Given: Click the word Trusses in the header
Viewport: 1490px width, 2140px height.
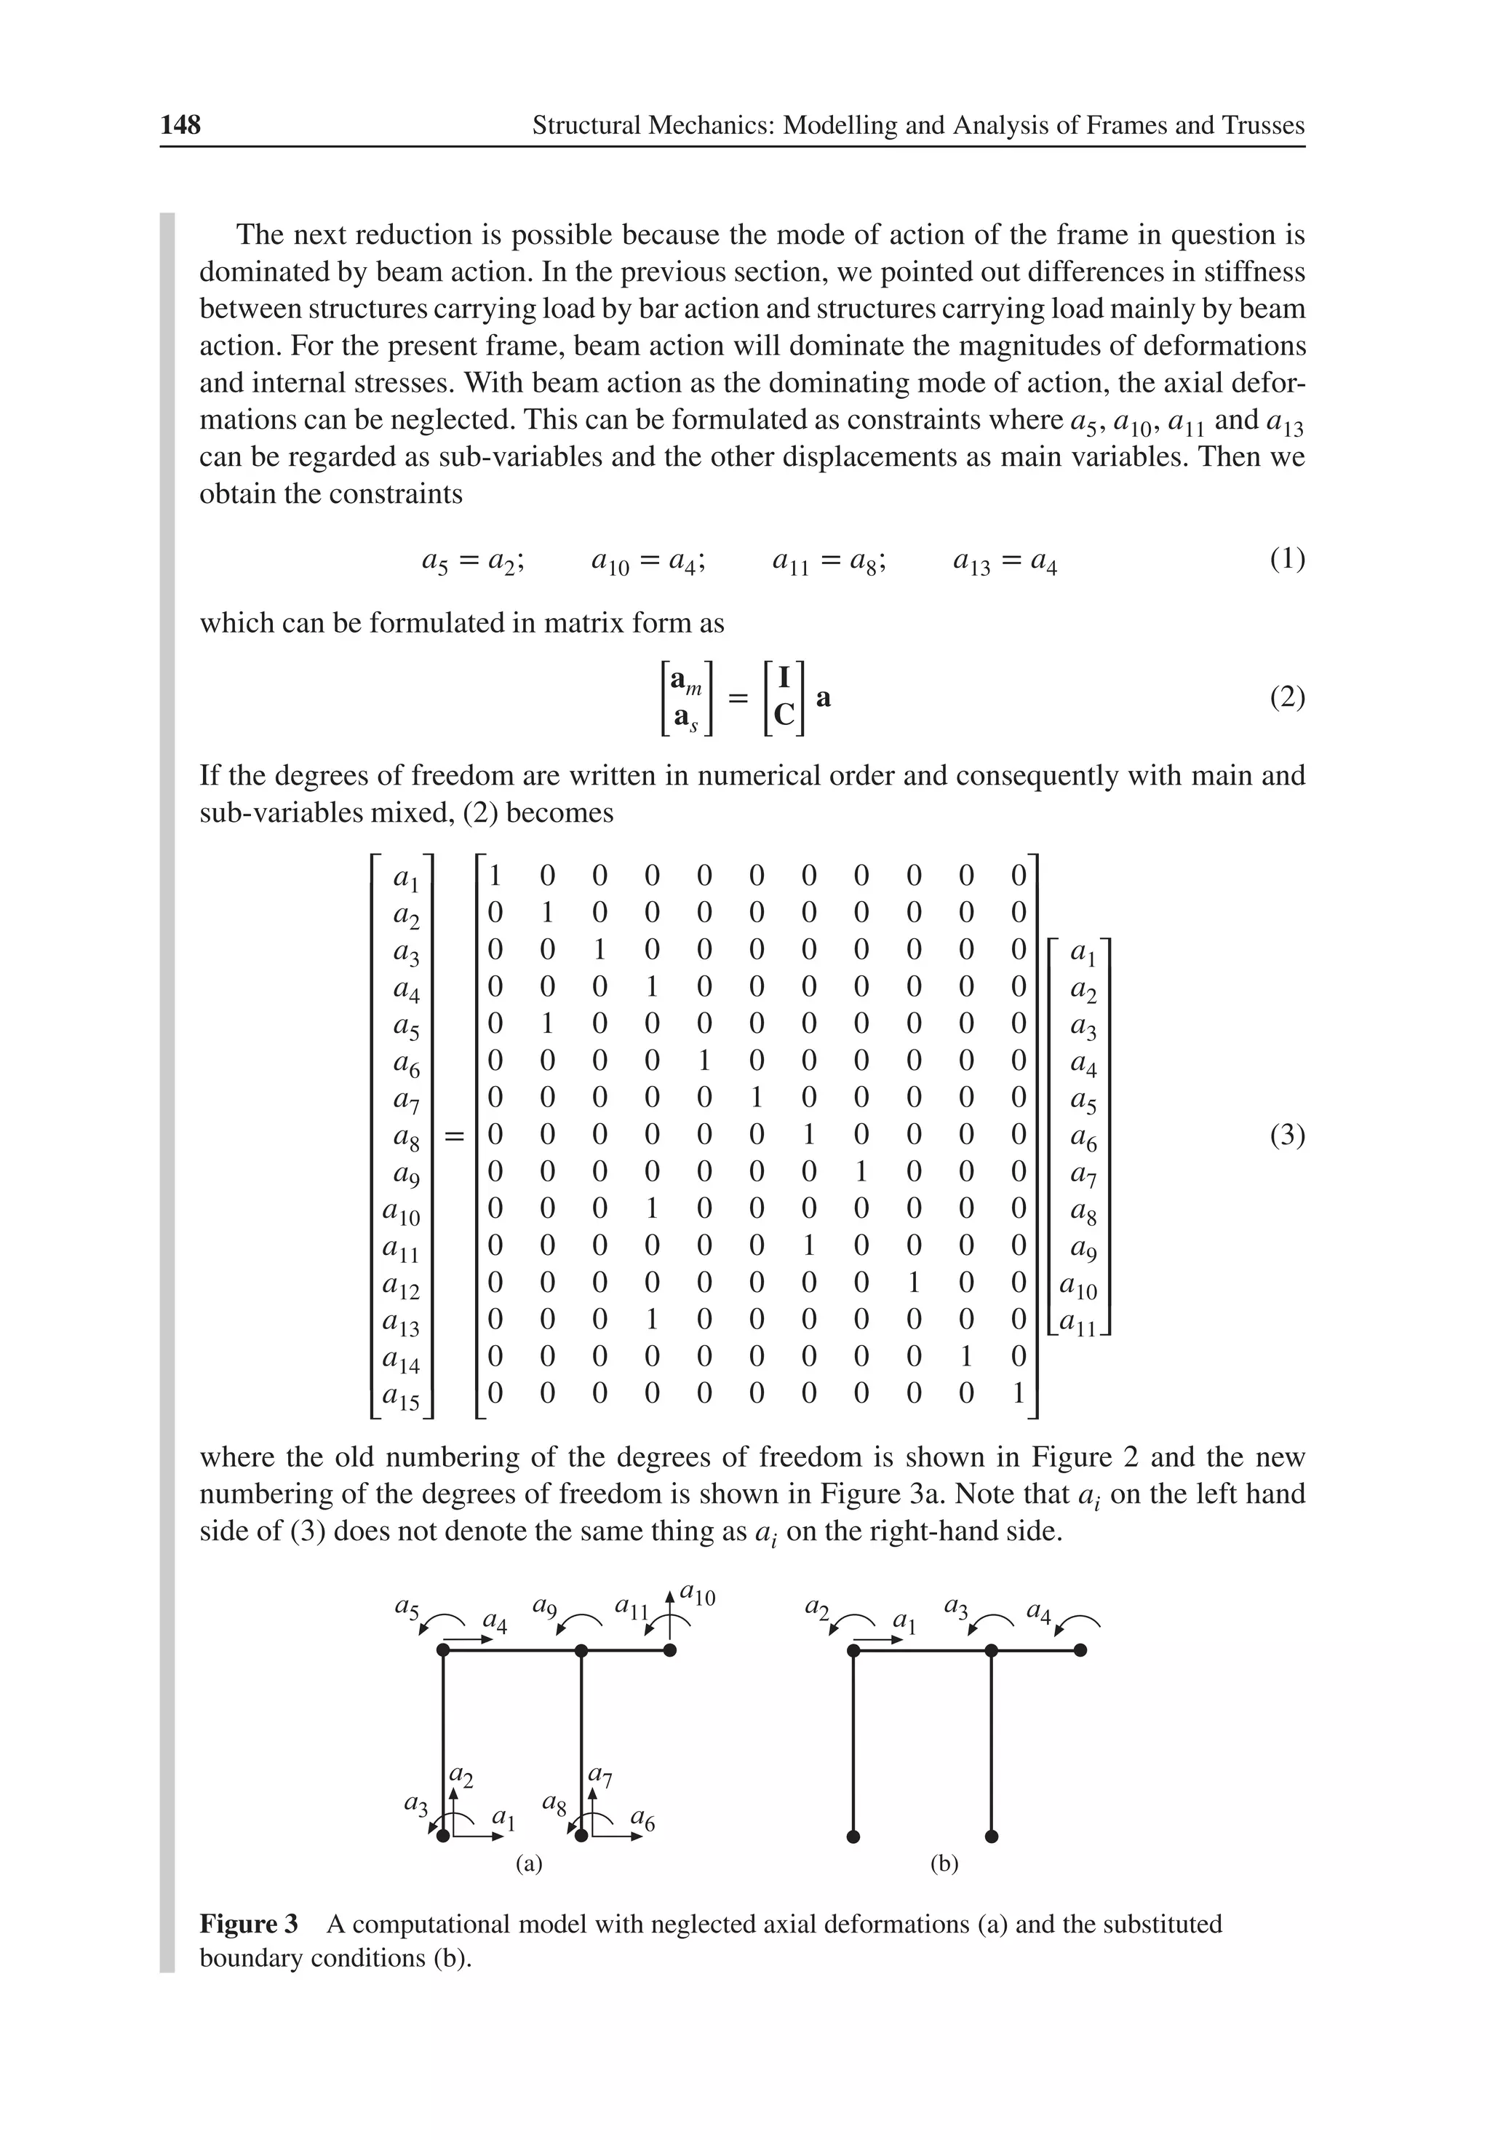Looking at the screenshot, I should click(1261, 125).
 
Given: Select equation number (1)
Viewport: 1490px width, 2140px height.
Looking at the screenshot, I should click(1287, 559).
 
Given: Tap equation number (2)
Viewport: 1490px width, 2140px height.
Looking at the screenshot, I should click(1287, 697).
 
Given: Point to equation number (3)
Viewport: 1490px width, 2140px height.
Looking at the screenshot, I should click(1287, 1136).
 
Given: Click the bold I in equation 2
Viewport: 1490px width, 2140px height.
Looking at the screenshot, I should click(784, 678).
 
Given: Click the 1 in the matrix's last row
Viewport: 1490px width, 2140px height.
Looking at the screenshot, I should click(1018, 1392).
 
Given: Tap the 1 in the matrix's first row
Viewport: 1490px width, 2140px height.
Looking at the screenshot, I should click(495, 875).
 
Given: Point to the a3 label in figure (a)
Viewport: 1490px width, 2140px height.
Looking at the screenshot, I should click(415, 1804).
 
